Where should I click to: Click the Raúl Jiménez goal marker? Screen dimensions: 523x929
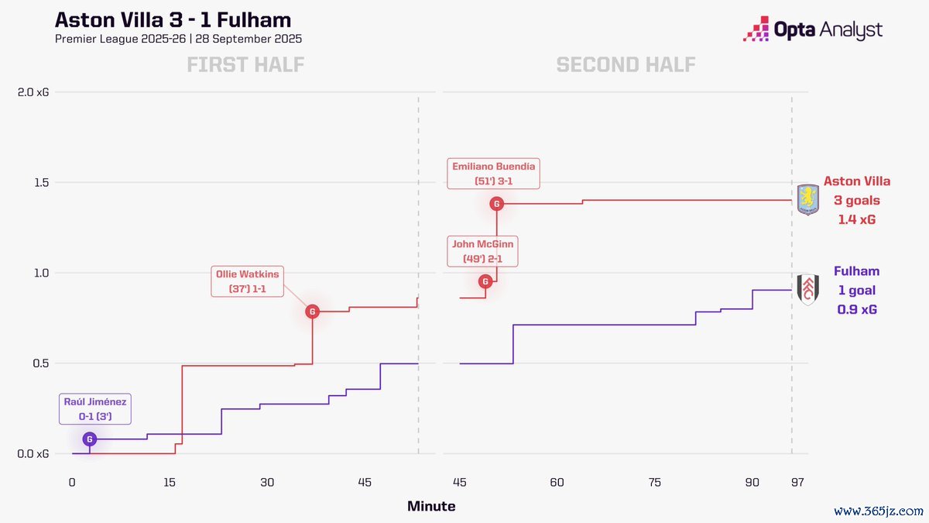click(x=90, y=439)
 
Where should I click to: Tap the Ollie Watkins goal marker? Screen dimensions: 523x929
click(x=312, y=311)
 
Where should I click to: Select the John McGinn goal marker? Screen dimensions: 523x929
click(x=485, y=281)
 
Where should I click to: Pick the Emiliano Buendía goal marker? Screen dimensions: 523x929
click(x=497, y=204)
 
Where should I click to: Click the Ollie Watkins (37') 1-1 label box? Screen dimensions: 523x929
click(x=247, y=281)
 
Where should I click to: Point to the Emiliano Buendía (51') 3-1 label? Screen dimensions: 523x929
click(x=493, y=174)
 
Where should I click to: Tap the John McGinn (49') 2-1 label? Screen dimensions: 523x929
click(x=483, y=251)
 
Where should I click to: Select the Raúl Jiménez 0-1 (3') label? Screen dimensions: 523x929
click(x=95, y=409)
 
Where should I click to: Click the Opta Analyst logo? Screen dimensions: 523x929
click(x=812, y=30)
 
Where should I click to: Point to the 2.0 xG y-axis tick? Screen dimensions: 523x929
click(x=32, y=92)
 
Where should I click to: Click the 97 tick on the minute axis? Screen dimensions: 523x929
click(x=797, y=483)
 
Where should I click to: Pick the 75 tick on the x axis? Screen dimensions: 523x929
click(x=655, y=483)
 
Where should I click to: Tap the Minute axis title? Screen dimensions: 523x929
click(x=431, y=507)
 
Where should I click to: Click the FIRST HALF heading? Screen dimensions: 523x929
click(x=245, y=65)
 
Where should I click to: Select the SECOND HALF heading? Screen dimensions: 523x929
click(x=626, y=65)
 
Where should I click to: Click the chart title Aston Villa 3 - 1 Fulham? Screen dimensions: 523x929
click(x=173, y=19)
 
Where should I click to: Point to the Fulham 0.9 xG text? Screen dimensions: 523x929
click(x=857, y=309)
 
